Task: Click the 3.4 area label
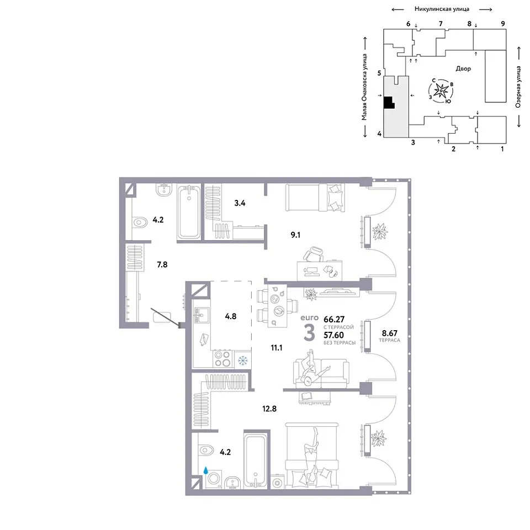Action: coord(240,203)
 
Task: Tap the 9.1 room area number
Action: coord(295,235)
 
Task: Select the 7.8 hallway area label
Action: coord(162,264)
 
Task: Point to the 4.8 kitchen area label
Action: coord(231,316)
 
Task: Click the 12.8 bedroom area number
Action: coord(269,409)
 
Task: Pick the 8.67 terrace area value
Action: coord(390,333)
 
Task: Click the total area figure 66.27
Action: coord(335,319)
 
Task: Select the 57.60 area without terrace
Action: coord(333,335)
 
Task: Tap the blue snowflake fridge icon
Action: coord(243,361)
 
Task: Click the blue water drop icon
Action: coord(205,470)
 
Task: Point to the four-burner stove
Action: coord(222,359)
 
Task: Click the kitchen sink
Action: coord(201,315)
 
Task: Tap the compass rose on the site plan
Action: coord(441,91)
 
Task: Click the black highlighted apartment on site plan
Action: coord(389,103)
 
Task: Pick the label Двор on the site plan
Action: coord(463,68)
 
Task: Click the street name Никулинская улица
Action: coord(442,9)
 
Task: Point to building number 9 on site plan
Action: coord(503,24)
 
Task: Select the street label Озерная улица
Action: coord(518,87)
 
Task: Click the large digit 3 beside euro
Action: coord(309,332)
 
